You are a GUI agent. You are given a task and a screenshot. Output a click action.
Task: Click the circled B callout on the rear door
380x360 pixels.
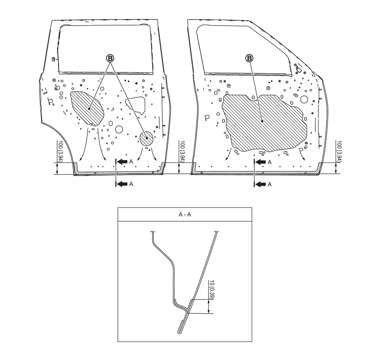point(110,58)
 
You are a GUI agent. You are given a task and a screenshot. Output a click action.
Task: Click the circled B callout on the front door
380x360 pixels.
point(249,58)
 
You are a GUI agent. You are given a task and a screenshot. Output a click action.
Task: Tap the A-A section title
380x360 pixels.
point(185,214)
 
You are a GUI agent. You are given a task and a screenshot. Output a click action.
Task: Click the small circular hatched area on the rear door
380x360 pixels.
point(147,138)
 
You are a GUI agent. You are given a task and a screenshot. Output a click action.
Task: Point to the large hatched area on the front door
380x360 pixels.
point(264,122)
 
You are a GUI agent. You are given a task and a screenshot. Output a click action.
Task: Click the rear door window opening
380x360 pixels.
point(106,49)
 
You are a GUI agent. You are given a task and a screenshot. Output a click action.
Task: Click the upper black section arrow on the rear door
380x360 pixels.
point(123,162)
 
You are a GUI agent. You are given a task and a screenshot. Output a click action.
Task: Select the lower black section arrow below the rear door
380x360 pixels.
point(123,184)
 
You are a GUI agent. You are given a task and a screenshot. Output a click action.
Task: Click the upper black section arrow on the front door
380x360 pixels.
point(261,162)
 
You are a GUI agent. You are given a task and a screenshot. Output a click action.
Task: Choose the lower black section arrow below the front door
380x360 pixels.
point(261,184)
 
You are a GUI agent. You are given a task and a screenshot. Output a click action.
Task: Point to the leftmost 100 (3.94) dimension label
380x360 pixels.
point(61,150)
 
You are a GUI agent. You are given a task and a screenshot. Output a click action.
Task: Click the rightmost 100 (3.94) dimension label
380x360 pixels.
point(339,150)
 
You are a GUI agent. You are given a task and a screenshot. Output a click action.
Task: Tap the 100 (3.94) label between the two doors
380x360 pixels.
point(182,150)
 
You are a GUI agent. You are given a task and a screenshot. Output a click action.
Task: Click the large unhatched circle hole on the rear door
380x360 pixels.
point(119,129)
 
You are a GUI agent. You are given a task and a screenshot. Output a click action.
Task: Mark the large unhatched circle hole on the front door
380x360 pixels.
point(304,99)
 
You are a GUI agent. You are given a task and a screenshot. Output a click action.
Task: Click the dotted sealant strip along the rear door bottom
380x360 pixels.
point(119,173)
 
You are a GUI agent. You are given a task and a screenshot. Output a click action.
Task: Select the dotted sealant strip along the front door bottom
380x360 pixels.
point(256,173)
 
